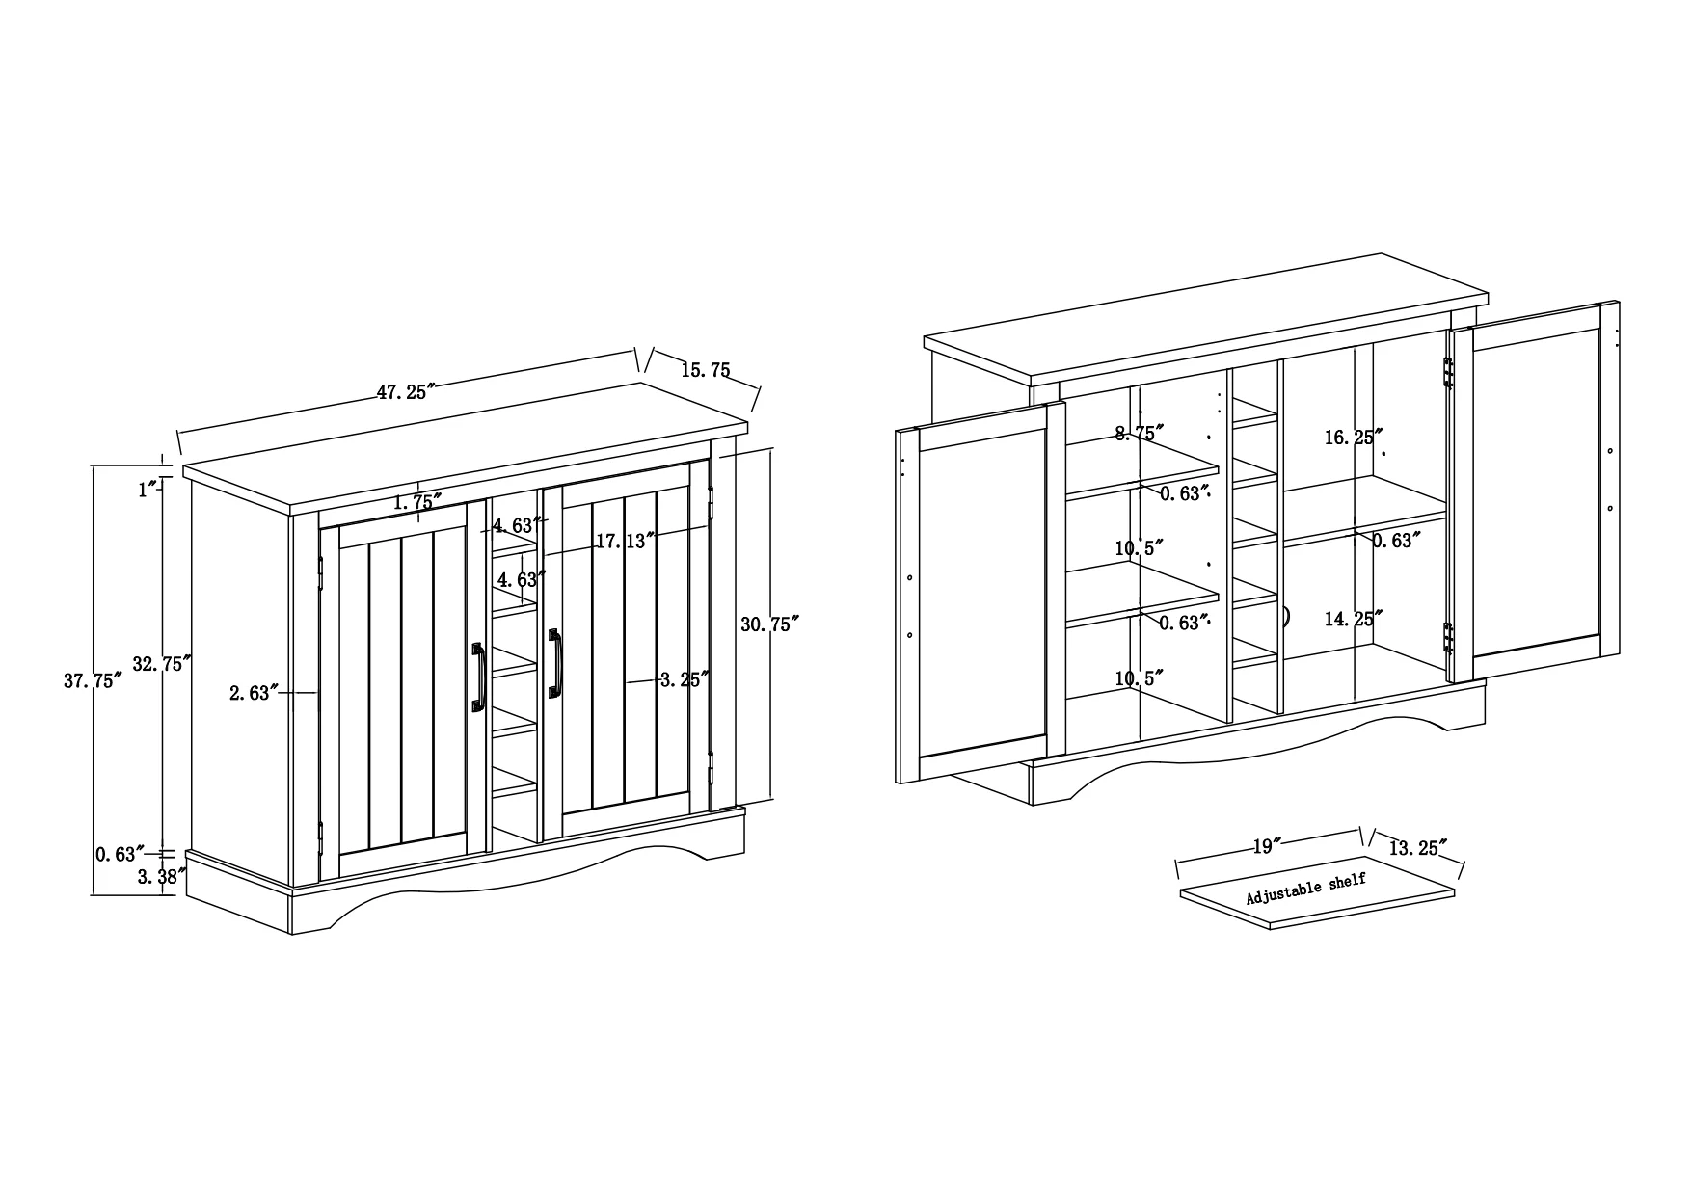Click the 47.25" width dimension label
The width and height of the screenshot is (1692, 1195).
(x=406, y=392)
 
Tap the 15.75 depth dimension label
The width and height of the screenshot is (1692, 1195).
(x=706, y=370)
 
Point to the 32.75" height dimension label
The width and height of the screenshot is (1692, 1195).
(x=162, y=664)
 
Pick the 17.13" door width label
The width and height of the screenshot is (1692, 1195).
(x=625, y=542)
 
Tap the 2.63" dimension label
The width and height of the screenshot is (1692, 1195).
(x=254, y=692)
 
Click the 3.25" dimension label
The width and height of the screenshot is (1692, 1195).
(x=685, y=679)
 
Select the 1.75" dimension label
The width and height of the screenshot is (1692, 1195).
(x=417, y=501)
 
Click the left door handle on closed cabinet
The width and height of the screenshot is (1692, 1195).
(x=477, y=677)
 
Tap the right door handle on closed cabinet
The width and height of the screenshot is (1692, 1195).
(x=554, y=663)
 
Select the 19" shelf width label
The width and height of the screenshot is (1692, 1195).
(x=1267, y=847)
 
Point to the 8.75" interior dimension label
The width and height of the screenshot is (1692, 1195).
(x=1140, y=433)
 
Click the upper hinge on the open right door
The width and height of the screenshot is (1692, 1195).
(x=1447, y=373)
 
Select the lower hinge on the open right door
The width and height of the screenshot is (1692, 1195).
(x=1447, y=637)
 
